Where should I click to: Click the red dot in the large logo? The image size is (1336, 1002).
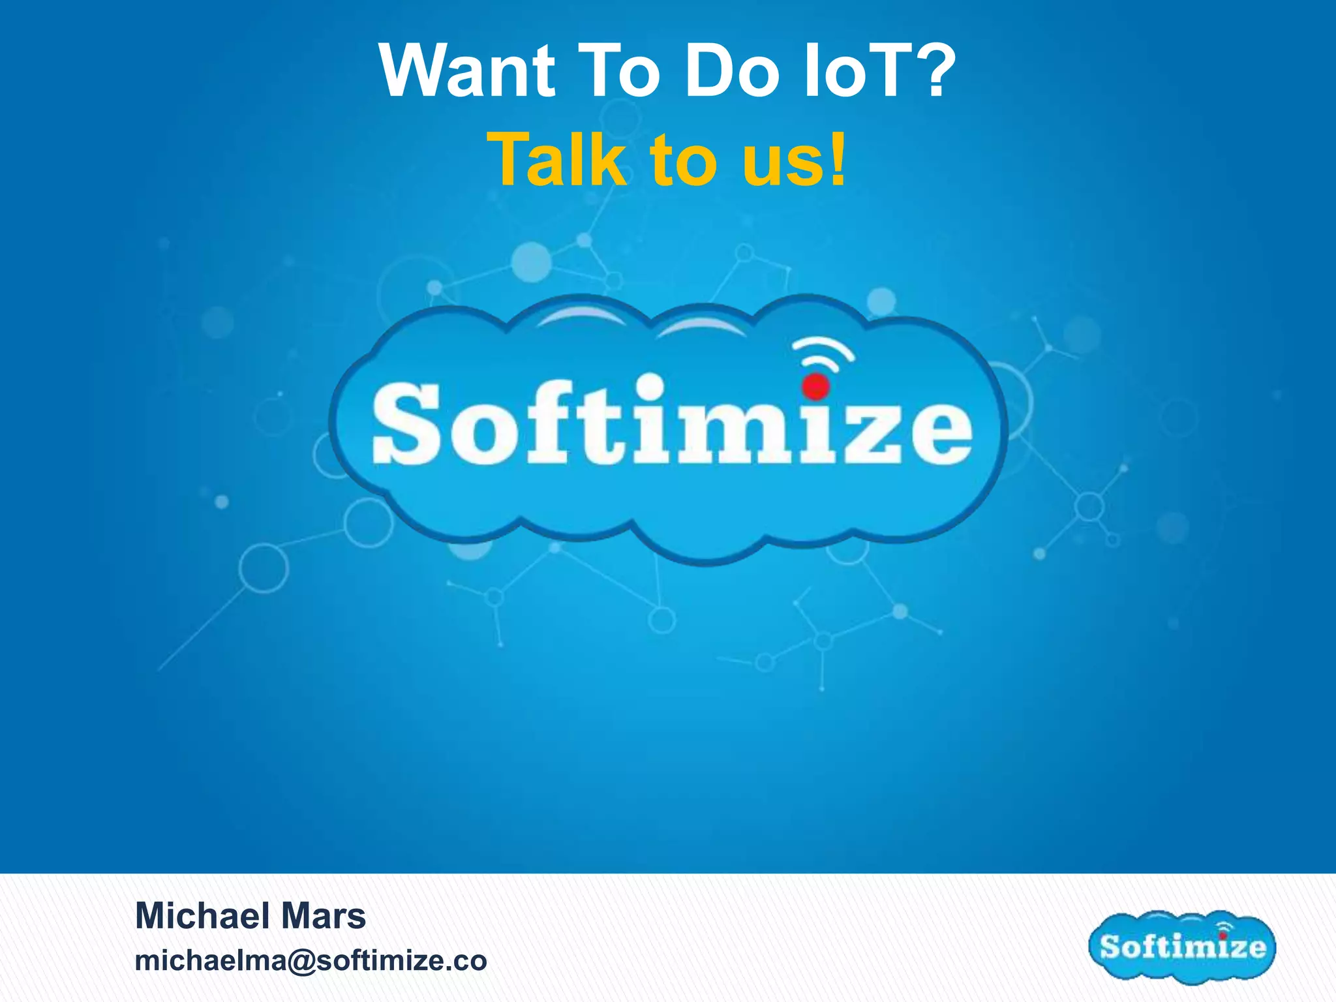pos(815,386)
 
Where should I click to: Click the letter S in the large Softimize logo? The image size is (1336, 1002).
pos(406,423)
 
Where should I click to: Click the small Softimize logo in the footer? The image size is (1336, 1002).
pos(1182,946)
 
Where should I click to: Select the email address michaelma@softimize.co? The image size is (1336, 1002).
pos(311,960)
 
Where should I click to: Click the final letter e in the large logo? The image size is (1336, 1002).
pos(936,433)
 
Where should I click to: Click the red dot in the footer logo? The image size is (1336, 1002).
pos(1222,935)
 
